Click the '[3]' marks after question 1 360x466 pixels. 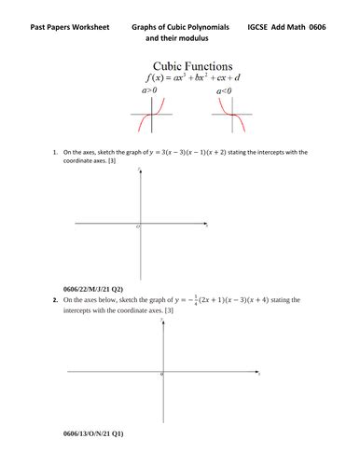[x=115, y=160]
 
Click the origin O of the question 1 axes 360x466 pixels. [x=136, y=227]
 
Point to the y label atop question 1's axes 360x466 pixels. [x=139, y=169]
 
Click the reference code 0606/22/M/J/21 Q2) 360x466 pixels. [x=92, y=290]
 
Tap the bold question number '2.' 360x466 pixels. [x=54, y=301]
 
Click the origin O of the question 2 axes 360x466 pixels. [x=160, y=375]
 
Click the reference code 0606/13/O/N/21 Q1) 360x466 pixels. [x=92, y=434]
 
